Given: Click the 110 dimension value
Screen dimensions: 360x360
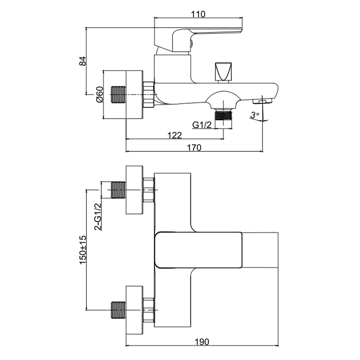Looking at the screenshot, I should [198, 14].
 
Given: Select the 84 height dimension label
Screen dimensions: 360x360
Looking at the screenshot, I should [82, 61].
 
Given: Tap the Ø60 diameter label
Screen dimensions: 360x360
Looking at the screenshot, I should [100, 94].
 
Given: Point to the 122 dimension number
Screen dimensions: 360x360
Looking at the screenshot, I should [175, 135].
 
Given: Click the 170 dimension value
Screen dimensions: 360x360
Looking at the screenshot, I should [194, 147].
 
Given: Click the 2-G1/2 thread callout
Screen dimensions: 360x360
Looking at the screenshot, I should [97, 216].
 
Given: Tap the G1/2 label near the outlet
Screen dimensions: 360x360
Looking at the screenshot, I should [201, 125].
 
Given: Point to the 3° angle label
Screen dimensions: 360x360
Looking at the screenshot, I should [255, 115].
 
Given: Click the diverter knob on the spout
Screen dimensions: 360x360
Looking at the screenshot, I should [223, 72].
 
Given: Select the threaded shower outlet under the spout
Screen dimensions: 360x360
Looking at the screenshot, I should [223, 115].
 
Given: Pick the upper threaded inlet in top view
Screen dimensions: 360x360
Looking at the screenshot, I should [117, 190].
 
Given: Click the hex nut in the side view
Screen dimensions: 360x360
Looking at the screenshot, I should [148, 95].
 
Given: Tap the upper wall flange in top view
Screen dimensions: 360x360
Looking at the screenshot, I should [134, 190].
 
